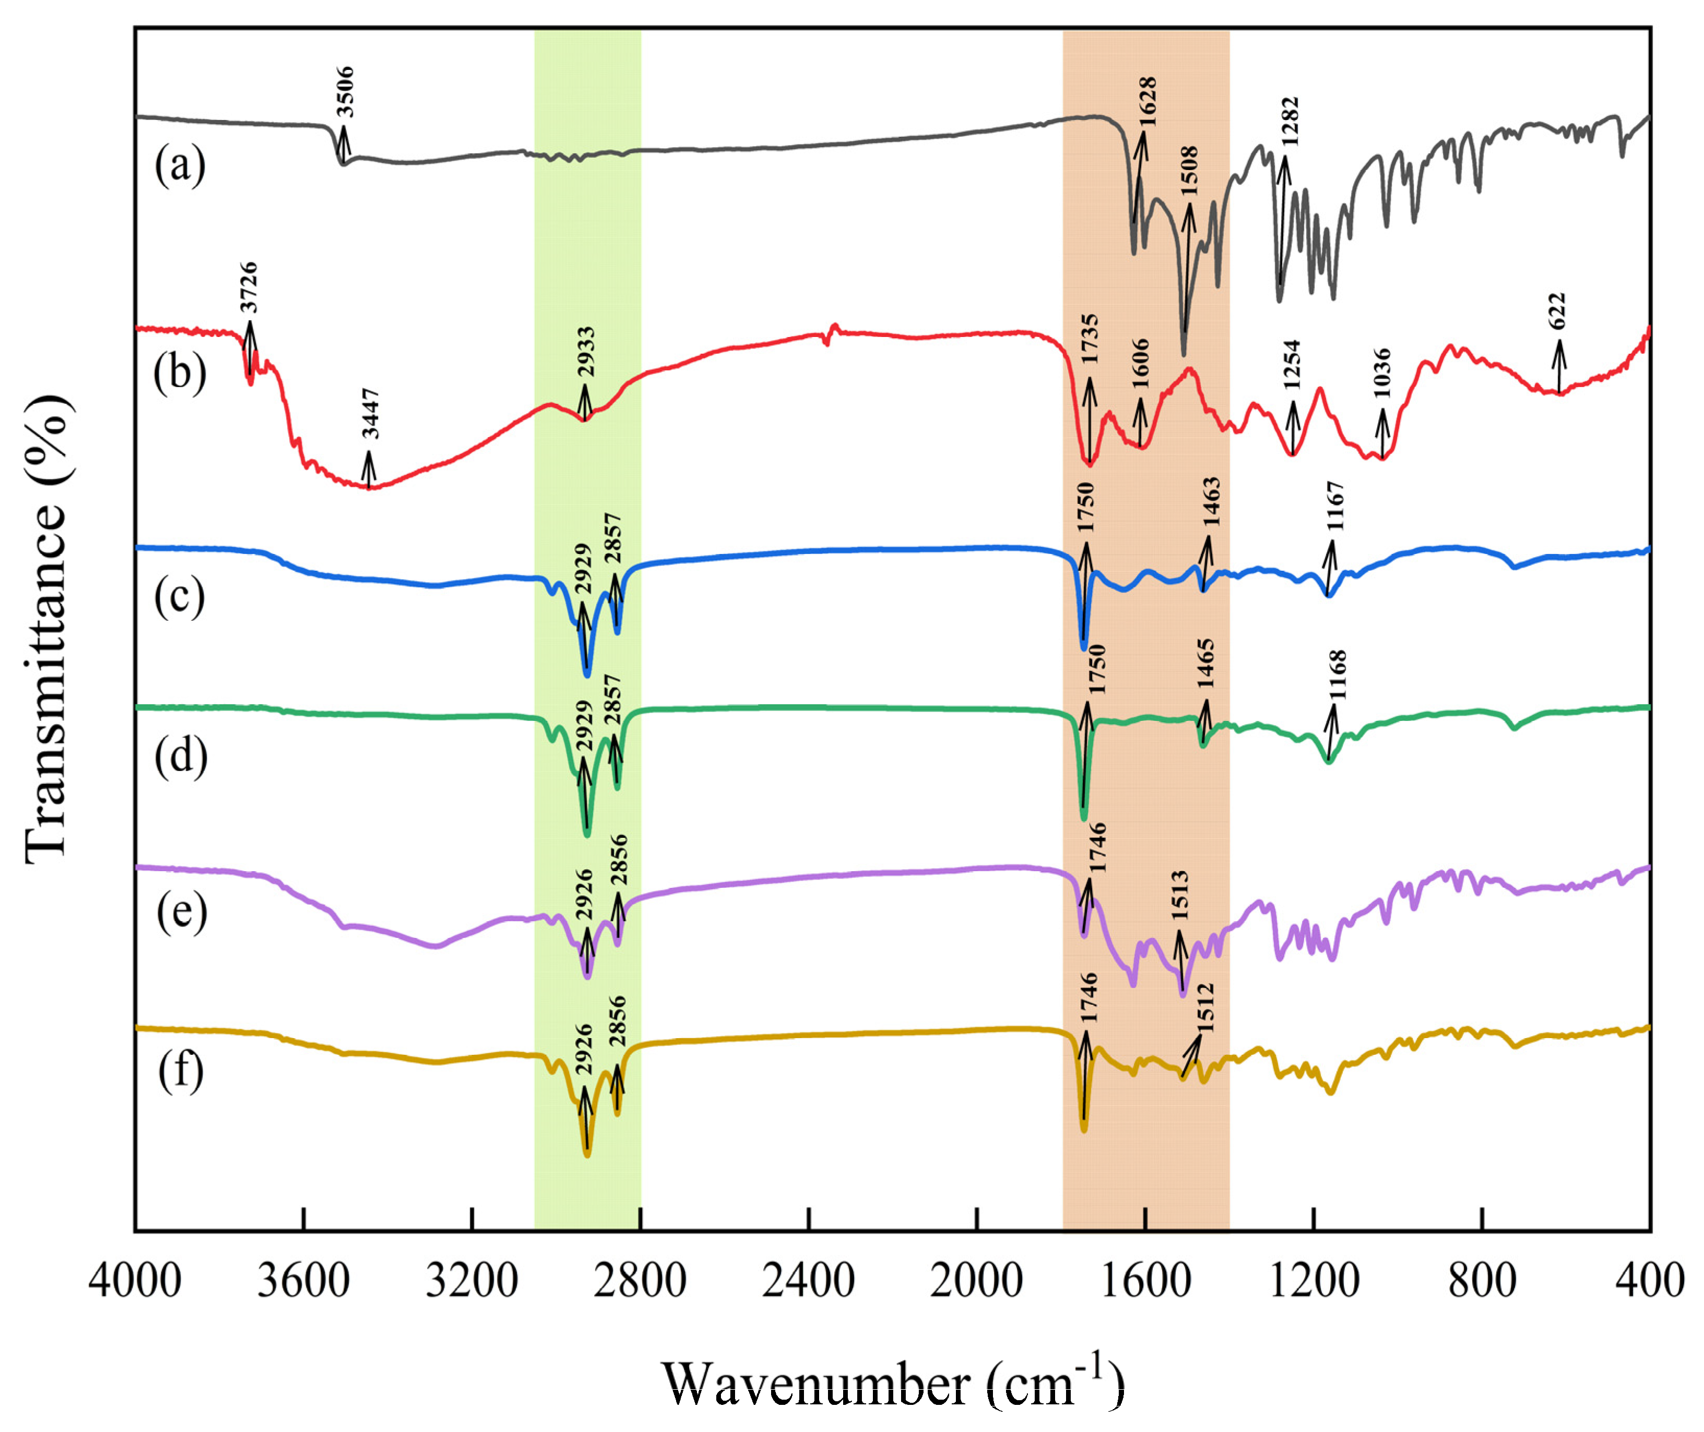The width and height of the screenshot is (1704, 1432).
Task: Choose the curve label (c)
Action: click(180, 597)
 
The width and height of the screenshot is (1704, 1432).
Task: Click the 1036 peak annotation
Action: click(1381, 374)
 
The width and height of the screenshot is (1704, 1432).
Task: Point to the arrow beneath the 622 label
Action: click(1559, 366)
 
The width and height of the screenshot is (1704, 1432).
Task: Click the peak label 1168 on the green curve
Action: click(1337, 675)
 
